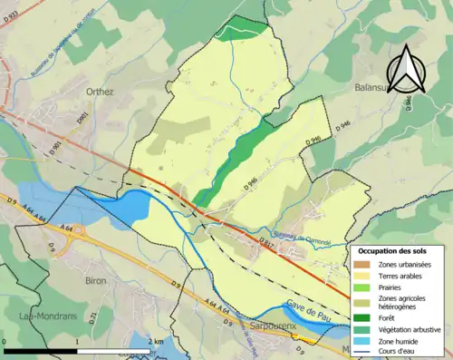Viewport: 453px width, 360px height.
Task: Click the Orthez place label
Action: coord(100,92)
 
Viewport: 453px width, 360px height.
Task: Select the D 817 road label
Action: coord(265,243)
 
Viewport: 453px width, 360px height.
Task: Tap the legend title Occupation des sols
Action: coord(397,248)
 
